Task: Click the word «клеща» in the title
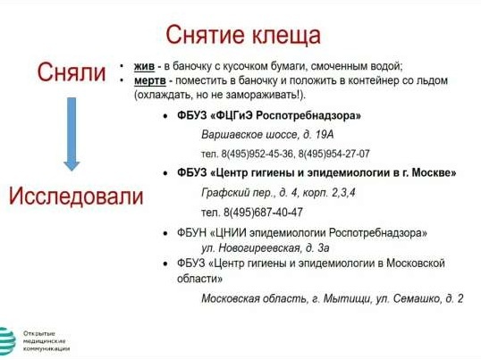pos(286,35)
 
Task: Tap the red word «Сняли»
pos(72,72)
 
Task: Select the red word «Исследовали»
pos(76,197)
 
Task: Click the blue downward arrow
pos(72,134)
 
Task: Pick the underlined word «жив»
pos(144,66)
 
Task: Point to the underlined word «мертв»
pos(150,81)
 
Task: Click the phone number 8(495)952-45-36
pos(257,154)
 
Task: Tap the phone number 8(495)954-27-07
pos(333,154)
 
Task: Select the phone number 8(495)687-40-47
pos(263,213)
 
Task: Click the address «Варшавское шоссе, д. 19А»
pos(267,135)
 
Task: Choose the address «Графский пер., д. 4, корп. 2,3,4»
pos(279,193)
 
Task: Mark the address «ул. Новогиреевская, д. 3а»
pos(266,248)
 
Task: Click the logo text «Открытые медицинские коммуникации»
pos(46,341)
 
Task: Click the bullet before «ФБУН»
pos(165,233)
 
